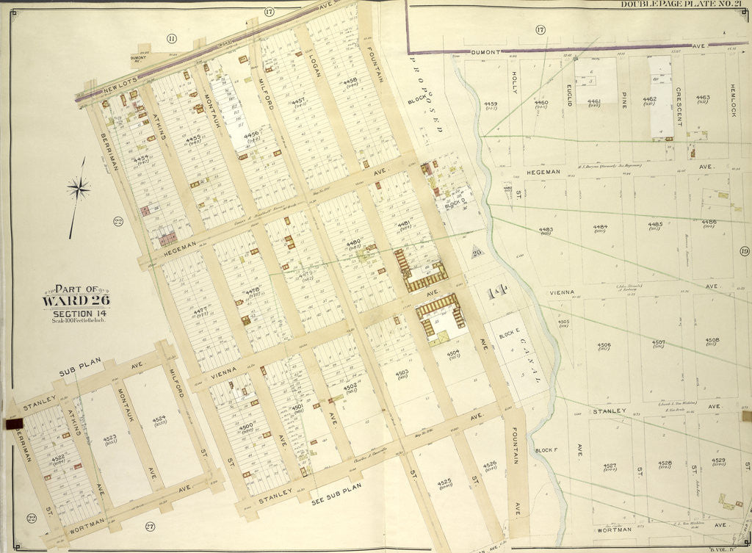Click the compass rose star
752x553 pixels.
(79, 189)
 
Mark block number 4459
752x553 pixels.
(491, 104)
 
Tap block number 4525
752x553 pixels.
(444, 482)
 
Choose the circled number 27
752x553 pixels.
(149, 525)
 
